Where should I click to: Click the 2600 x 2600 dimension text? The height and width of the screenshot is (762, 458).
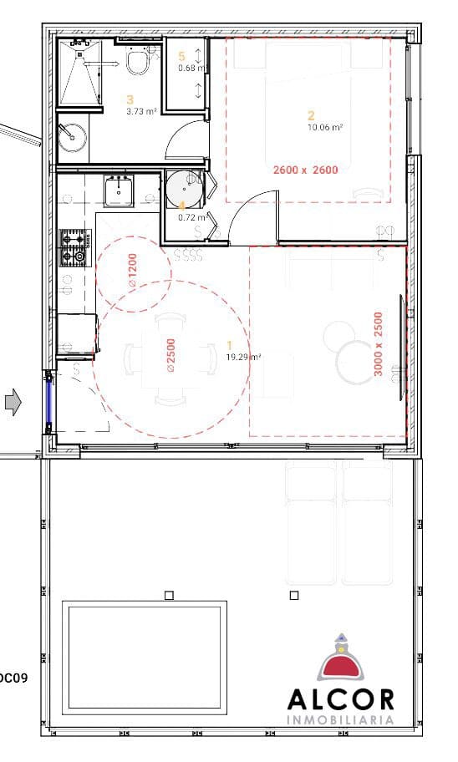coord(305,170)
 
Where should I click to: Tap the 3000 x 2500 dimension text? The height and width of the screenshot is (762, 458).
coord(379,343)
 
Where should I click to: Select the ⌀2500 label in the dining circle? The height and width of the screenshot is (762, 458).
coord(170,355)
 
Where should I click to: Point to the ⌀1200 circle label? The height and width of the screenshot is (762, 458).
coord(132,272)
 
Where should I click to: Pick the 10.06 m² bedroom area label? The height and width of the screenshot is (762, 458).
coord(326,128)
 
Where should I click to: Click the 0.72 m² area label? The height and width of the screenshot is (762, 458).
coord(191,217)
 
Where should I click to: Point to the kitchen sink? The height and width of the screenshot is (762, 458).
coord(119,191)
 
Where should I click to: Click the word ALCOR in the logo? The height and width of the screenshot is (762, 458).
coord(340,699)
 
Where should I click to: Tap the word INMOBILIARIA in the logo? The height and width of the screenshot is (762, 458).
coord(340,720)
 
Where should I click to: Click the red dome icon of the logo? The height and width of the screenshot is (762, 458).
coord(340,664)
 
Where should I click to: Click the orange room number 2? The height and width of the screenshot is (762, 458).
coord(311,116)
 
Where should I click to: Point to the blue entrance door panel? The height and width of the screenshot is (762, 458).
coord(49,401)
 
